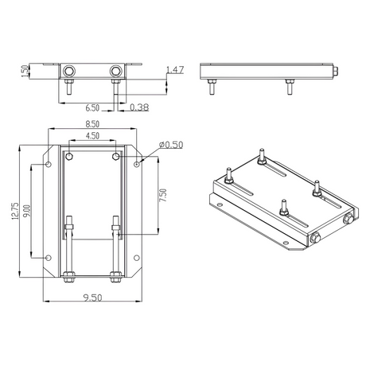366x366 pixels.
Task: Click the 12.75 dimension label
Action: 15,211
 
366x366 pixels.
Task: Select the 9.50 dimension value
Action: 92,298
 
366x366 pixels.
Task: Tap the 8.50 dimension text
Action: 92,124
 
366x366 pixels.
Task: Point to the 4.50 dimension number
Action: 92,136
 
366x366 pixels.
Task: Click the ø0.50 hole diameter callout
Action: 171,145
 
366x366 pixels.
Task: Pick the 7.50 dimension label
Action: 163,195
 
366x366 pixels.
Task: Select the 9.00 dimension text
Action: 27,211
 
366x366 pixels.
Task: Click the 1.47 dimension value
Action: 175,70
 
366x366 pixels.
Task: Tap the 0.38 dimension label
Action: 139,107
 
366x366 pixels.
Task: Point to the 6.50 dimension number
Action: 92,108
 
